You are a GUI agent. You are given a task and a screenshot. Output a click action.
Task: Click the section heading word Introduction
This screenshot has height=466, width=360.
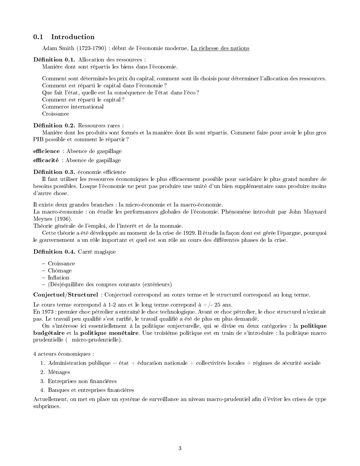click(73, 37)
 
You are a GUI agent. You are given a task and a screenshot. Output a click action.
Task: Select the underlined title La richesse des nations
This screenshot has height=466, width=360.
click(220, 48)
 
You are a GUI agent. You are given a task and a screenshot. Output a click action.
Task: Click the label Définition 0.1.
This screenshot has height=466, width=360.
click(54, 60)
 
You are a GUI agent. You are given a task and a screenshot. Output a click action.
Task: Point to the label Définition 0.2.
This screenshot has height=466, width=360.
click(54, 126)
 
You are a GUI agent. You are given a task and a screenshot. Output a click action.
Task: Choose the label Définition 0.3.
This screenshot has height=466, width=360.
click(54, 172)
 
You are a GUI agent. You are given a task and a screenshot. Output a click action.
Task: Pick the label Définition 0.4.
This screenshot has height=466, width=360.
click(54, 252)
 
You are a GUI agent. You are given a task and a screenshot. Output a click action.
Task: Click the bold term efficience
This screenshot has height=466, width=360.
click(46, 151)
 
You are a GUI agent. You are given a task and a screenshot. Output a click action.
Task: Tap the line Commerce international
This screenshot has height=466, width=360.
click(73, 107)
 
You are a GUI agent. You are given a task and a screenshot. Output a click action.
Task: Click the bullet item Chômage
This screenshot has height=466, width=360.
click(60, 271)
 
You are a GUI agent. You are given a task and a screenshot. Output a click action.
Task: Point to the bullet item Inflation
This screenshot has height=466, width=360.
click(59, 278)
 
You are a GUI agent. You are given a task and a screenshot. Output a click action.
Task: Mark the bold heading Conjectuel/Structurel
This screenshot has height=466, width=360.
click(66, 295)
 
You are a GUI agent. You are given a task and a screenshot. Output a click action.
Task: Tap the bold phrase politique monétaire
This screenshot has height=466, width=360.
click(109, 333)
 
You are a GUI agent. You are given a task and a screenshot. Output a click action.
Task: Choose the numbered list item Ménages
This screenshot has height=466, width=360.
click(59, 372)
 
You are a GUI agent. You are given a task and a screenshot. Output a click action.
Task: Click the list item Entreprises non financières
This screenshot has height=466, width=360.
click(82, 381)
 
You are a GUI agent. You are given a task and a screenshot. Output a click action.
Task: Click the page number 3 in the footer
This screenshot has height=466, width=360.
click(180, 448)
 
